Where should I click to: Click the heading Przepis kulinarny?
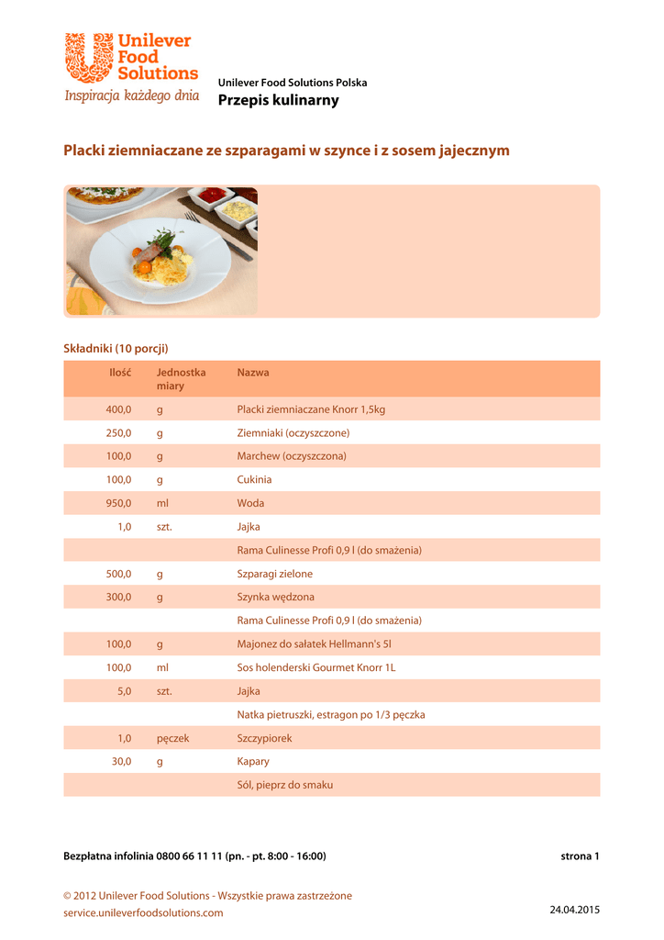[278, 101]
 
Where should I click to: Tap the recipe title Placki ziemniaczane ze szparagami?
[285, 150]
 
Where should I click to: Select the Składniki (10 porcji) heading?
[116, 349]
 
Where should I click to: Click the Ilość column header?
[120, 373]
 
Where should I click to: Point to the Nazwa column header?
[253, 373]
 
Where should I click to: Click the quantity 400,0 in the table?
[118, 409]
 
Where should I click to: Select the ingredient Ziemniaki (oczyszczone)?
[293, 432]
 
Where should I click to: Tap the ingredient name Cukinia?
[254, 479]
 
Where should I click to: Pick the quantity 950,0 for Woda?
[118, 503]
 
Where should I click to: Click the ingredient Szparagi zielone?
[274, 574]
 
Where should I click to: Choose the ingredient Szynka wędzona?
[275, 597]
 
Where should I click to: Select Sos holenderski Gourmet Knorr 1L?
[315, 667]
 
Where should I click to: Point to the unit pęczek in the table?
[172, 738]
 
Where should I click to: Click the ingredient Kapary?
[253, 761]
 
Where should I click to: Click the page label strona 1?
[580, 856]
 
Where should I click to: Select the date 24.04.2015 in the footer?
[574, 910]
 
